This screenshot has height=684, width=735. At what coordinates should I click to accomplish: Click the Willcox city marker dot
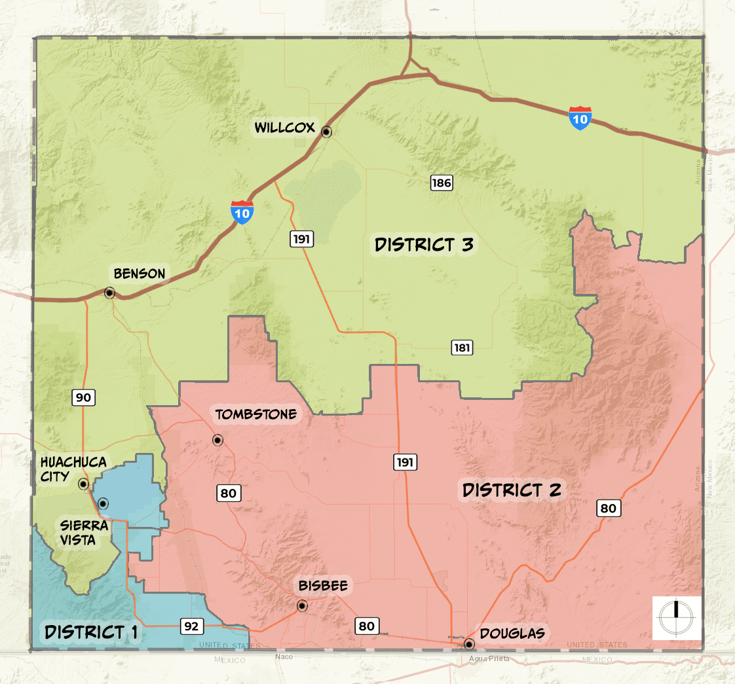point(326,132)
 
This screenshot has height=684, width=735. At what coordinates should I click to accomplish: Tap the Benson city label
point(140,274)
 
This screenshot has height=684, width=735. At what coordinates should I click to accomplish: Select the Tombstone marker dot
point(217,440)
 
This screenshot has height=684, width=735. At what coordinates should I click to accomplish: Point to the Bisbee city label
point(323,585)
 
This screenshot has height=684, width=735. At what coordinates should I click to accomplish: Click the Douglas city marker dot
point(469,643)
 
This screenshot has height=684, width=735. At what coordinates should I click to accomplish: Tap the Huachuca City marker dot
point(83,484)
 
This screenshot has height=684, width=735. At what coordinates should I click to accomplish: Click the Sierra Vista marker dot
point(103,503)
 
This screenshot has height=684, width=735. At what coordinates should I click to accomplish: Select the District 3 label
point(424,245)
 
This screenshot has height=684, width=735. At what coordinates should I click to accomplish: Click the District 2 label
point(512,490)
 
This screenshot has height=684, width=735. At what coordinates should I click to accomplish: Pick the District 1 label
point(91,632)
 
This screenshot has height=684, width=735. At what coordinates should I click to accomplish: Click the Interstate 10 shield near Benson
point(242,213)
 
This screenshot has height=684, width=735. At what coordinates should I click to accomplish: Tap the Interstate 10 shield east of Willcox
point(580,118)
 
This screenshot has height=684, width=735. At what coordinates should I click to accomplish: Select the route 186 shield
point(442,183)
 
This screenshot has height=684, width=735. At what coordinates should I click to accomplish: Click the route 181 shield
point(462,348)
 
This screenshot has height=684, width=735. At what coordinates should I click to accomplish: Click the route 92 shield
point(191,626)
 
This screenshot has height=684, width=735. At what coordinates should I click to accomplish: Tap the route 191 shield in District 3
point(301,239)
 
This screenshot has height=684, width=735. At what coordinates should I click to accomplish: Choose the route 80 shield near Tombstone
point(228,493)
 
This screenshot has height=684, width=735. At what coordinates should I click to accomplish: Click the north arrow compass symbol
point(677,618)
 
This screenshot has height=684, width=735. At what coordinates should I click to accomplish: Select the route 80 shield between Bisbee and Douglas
point(366,626)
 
